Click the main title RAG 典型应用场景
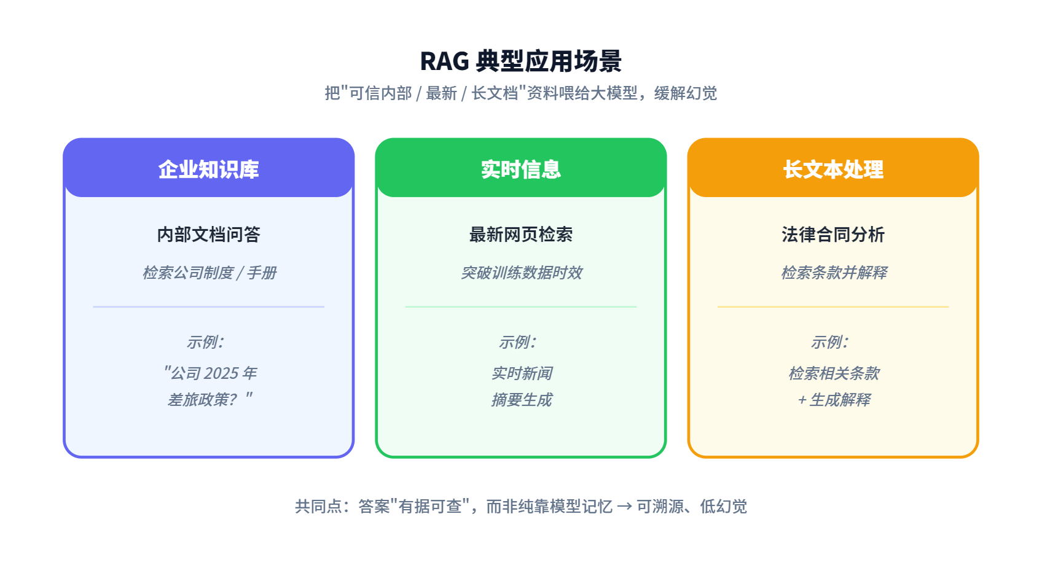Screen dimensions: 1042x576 tap(520, 61)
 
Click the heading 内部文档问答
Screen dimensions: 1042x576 tap(208, 235)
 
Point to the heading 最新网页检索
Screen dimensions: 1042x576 tap(520, 235)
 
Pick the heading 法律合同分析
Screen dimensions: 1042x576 tap(832, 235)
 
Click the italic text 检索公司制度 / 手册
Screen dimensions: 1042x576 tap(210, 273)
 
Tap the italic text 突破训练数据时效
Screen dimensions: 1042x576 tap(521, 273)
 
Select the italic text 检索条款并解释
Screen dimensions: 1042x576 tap(834, 273)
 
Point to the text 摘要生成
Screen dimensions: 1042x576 tap(522, 400)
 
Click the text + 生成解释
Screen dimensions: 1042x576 tap(834, 400)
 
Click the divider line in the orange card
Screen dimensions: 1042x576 tap(832, 307)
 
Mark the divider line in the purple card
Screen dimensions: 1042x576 tap(208, 307)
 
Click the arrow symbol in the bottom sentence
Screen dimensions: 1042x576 tap(624, 506)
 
